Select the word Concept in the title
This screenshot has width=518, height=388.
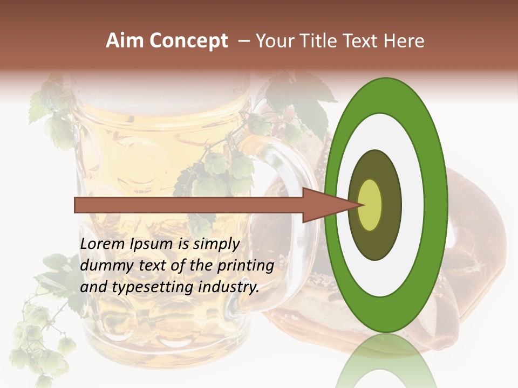[x=189, y=41]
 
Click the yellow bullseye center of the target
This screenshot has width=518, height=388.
[x=370, y=205]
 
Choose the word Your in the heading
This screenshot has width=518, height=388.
[x=275, y=41]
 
